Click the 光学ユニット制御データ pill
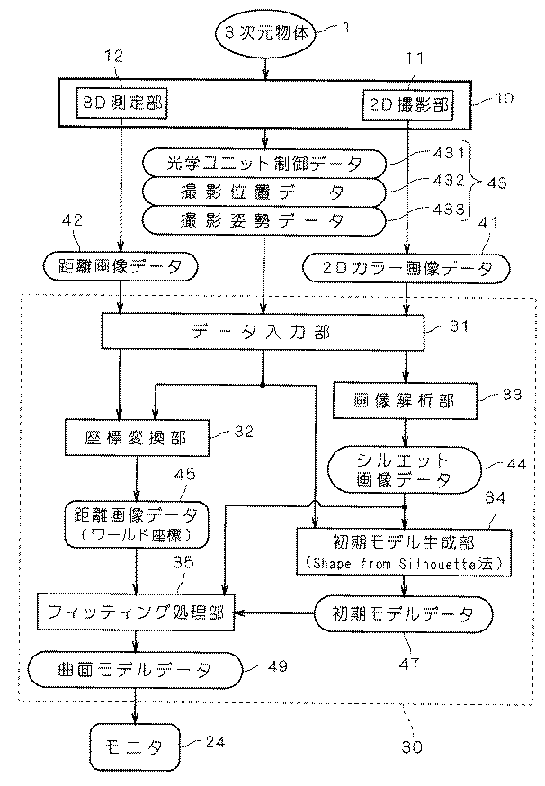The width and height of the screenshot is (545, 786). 264,164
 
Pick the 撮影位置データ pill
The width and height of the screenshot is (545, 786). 264,192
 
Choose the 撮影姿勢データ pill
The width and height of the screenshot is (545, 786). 264,219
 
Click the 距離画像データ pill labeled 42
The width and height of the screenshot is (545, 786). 120,266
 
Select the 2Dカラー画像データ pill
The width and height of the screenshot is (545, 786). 407,266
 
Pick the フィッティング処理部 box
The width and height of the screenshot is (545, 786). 135,615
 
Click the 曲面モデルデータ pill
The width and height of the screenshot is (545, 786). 136,669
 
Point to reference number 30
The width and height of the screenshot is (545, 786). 410,746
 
